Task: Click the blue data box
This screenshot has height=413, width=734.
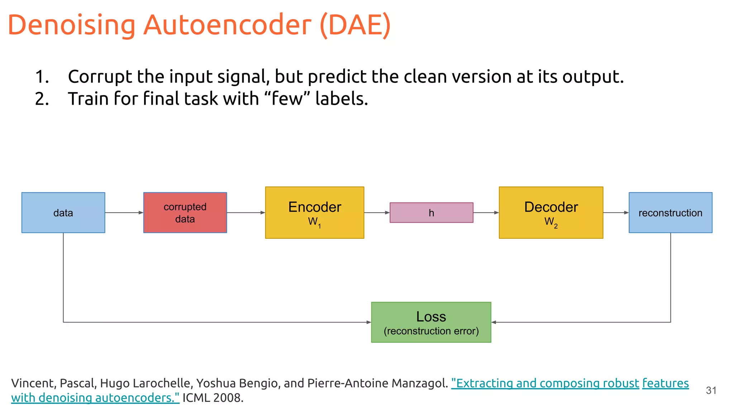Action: [63, 213]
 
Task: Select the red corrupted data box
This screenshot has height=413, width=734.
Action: [185, 213]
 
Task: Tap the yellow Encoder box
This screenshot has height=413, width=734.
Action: [314, 213]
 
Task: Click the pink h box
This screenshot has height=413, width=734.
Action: [431, 213]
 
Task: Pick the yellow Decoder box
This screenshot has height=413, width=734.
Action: [551, 213]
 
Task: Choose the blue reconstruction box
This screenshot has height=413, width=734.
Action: [670, 213]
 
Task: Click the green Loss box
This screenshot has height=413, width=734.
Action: [431, 322]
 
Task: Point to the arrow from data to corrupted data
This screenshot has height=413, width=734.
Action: [124, 213]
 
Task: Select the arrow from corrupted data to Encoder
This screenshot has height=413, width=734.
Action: [246, 213]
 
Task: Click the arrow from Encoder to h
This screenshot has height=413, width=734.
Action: [377, 213]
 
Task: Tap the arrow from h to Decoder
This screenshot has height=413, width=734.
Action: [486, 213]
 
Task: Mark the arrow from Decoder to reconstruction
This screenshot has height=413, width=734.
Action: [616, 213]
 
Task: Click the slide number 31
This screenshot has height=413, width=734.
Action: [711, 390]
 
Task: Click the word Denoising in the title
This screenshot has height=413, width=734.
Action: [72, 25]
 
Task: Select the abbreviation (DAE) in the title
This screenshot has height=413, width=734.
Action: [355, 25]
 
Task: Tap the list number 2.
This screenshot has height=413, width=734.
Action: [42, 99]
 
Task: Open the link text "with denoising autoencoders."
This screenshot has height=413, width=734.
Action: [95, 398]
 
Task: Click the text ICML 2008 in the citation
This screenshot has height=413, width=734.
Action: [213, 398]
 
